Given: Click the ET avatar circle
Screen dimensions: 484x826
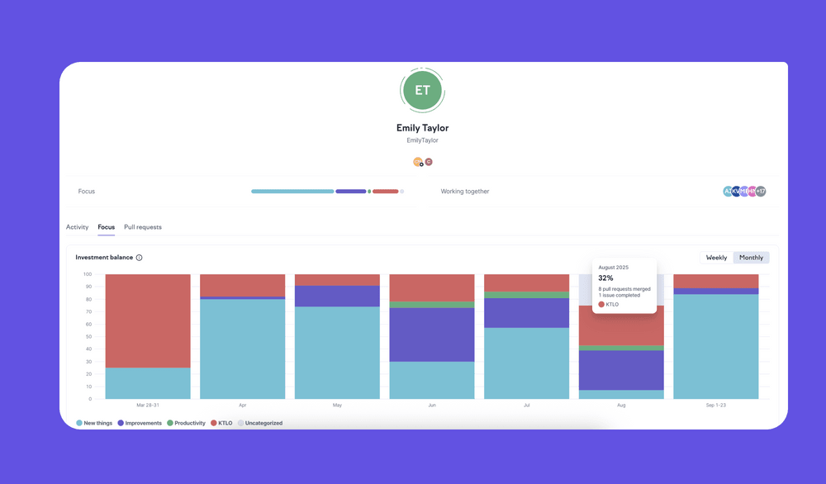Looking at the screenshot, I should coord(422,91).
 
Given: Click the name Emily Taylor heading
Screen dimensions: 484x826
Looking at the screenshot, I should coord(422,128).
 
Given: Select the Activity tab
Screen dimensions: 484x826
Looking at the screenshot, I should coord(77,227).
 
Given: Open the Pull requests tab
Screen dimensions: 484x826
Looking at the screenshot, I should coord(143,227).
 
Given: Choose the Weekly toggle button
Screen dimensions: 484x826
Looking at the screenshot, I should coord(716,258).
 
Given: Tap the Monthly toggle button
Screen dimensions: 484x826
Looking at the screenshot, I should coord(751,258).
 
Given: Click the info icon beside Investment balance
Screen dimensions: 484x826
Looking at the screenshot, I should coord(139,258).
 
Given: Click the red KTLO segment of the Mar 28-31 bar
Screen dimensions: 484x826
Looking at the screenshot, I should coord(148,320).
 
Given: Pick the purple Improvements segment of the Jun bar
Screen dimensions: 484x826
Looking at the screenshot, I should coord(432,335).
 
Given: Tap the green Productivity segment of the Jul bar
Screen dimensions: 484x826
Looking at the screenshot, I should coord(526,295).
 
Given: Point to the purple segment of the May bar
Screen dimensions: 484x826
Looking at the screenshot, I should coord(337,297).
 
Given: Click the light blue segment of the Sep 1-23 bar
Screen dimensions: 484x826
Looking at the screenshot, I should coord(716,347).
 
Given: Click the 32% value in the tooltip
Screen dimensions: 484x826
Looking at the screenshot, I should coord(606,278).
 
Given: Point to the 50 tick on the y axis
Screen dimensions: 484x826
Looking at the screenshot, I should coord(87,336).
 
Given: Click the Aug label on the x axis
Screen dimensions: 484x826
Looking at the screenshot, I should coord(621,406).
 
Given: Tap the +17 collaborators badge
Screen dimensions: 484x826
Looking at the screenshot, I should coord(760,192).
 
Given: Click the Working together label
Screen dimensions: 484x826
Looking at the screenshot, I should coord(464,192).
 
